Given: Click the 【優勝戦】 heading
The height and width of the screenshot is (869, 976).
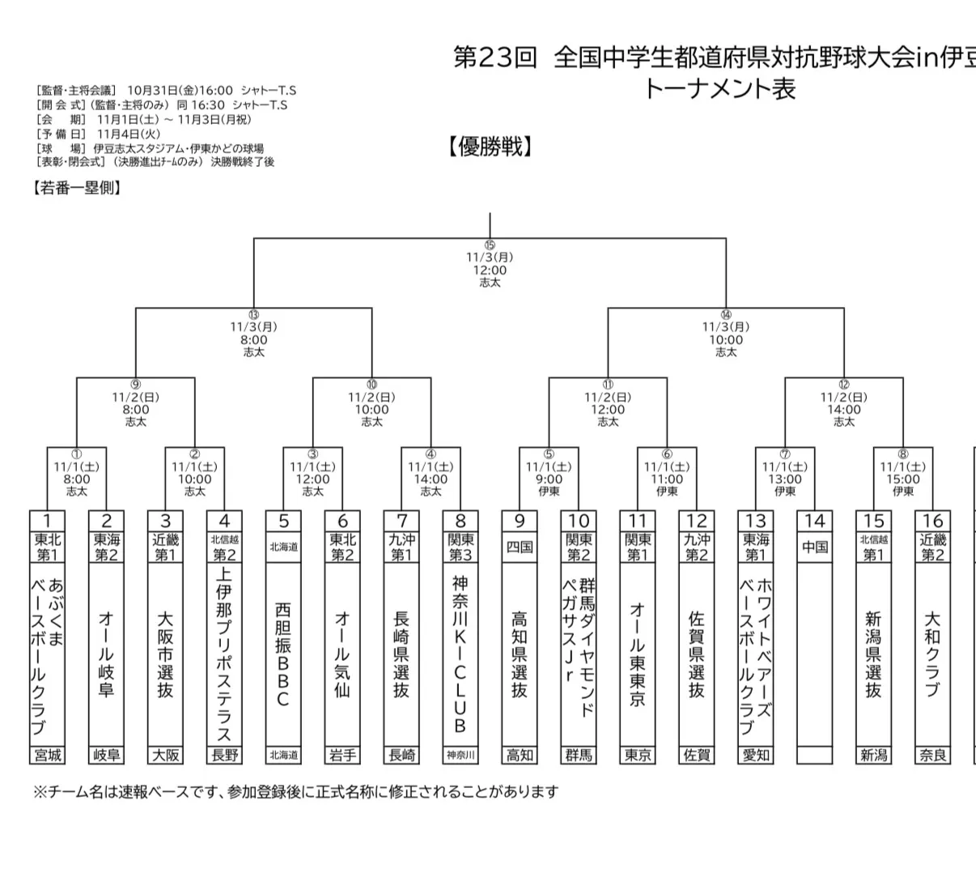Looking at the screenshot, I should coord(490,147).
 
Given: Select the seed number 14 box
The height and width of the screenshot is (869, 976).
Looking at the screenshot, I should coord(814,521).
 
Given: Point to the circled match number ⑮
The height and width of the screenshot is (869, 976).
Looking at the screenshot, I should coord(490,245).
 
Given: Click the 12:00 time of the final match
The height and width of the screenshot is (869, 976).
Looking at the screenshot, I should coord(490,270).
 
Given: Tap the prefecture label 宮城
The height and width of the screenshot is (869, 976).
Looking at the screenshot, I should coord(48,755).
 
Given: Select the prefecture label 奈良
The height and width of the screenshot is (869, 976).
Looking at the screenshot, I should coord(932,755).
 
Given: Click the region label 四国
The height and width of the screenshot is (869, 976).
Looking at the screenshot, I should coord(520,547).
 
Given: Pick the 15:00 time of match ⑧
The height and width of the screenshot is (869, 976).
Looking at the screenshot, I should coord(903,479).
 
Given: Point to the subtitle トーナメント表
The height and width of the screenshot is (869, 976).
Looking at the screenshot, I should coord(720,89).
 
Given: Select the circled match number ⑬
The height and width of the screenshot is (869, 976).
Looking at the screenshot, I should coord(254,315).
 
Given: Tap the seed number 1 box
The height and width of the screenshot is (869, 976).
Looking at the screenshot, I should coord(48,521).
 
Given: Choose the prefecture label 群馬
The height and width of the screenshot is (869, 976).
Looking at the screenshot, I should coord(579,755).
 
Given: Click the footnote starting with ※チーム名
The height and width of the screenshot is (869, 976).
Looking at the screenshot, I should coord(295,791).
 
